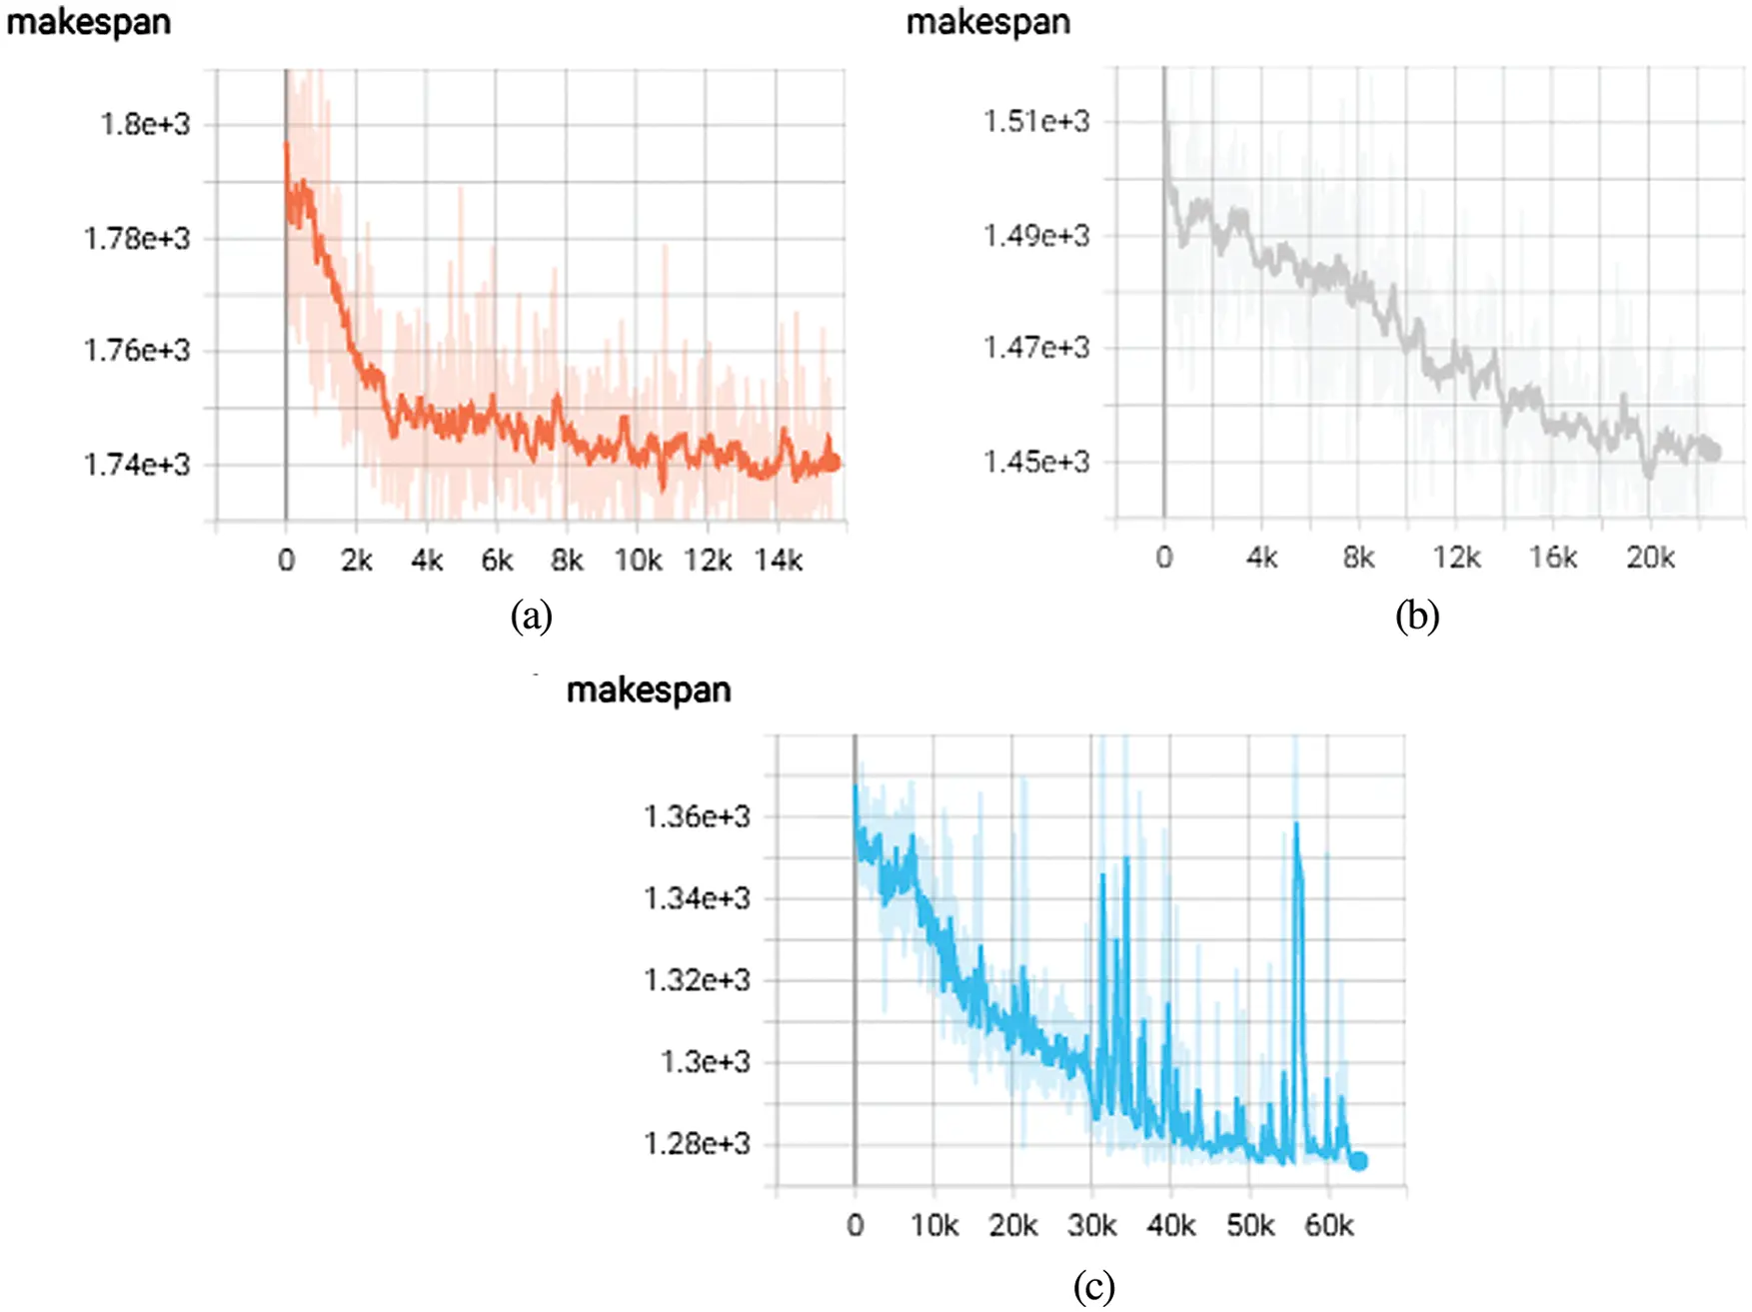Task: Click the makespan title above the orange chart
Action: click(89, 22)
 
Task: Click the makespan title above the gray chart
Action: click(987, 22)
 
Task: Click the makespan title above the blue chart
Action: click(649, 689)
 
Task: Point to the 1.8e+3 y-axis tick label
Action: click(144, 125)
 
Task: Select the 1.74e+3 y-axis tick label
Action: click(136, 465)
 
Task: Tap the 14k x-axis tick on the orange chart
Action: click(778, 561)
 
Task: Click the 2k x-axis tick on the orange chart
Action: click(356, 561)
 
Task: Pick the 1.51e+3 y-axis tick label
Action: click(1036, 122)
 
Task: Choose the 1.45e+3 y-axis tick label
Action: click(1036, 462)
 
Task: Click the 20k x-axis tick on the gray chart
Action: click(1650, 558)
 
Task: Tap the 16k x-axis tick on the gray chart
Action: click(1553, 558)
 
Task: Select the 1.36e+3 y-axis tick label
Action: click(697, 816)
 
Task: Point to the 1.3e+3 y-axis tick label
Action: click(705, 1061)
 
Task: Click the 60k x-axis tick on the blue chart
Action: click(1329, 1225)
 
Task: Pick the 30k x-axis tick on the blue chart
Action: click(1091, 1225)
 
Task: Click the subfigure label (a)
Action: click(531, 616)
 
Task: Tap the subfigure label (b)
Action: click(1417, 616)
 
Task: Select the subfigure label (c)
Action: click(1093, 1286)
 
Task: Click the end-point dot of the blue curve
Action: click(1358, 1161)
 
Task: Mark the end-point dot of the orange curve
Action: click(834, 463)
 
